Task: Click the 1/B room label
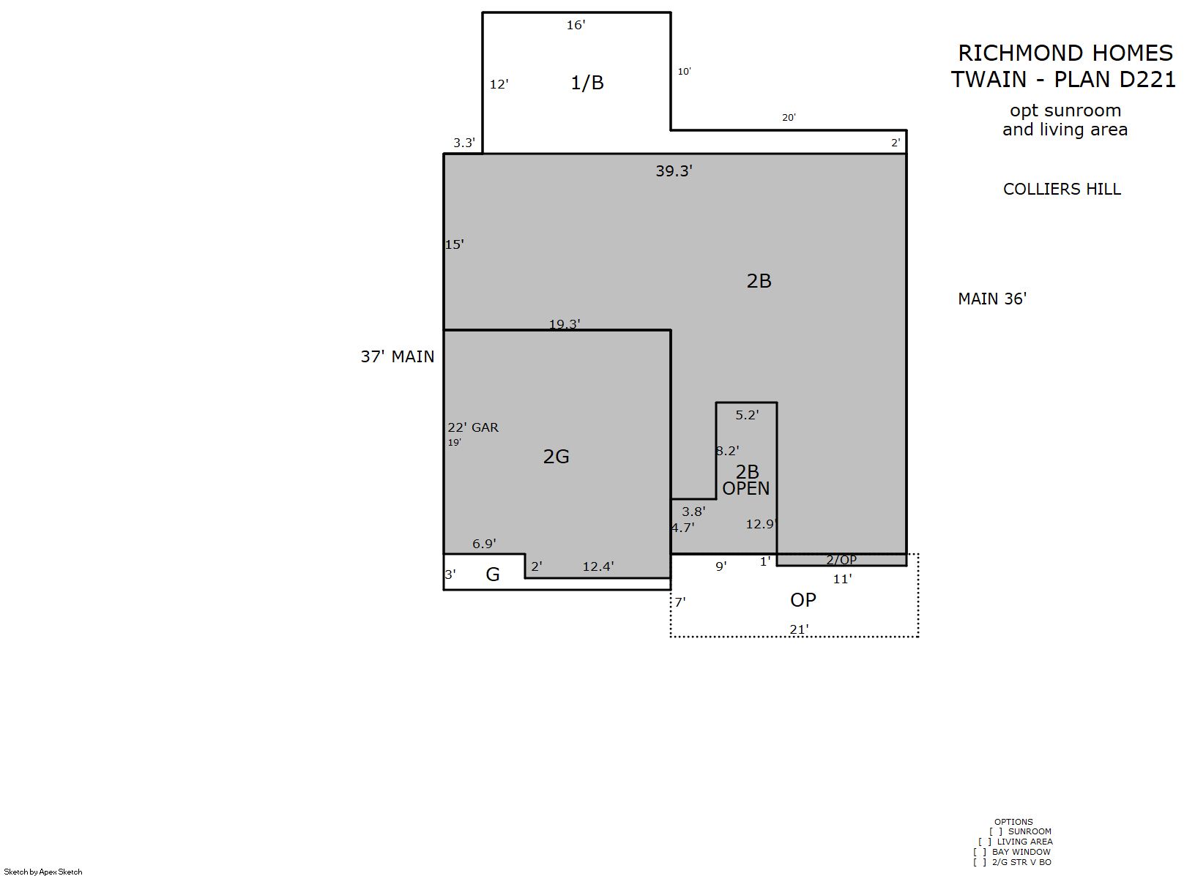click(587, 83)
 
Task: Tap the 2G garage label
click(556, 457)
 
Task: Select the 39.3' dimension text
click(674, 171)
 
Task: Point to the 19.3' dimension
click(565, 323)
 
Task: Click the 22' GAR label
click(473, 427)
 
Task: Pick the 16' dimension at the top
click(576, 25)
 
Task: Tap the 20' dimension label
click(789, 117)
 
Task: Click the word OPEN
click(745, 488)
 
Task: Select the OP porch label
click(803, 600)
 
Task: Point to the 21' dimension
click(799, 629)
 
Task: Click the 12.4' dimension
click(597, 566)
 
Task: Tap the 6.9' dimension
click(484, 543)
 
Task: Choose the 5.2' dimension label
click(747, 414)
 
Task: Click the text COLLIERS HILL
click(1062, 189)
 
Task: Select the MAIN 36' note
click(991, 299)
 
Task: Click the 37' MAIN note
click(398, 356)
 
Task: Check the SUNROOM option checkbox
click(996, 831)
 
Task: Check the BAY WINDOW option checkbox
click(980, 852)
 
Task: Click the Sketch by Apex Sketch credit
click(43, 872)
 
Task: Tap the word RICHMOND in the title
click(1019, 53)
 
